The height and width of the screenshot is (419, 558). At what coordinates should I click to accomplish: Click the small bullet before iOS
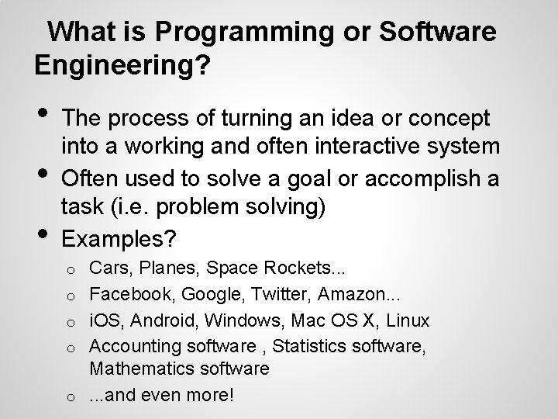(x=70, y=322)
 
